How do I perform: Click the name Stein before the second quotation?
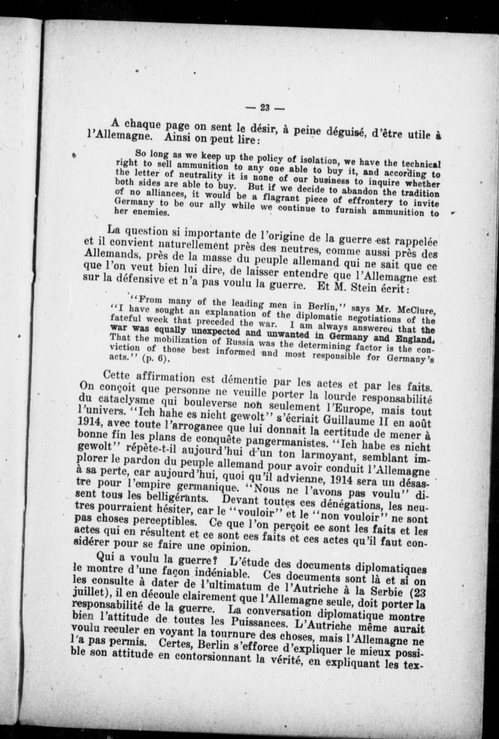(369, 288)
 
